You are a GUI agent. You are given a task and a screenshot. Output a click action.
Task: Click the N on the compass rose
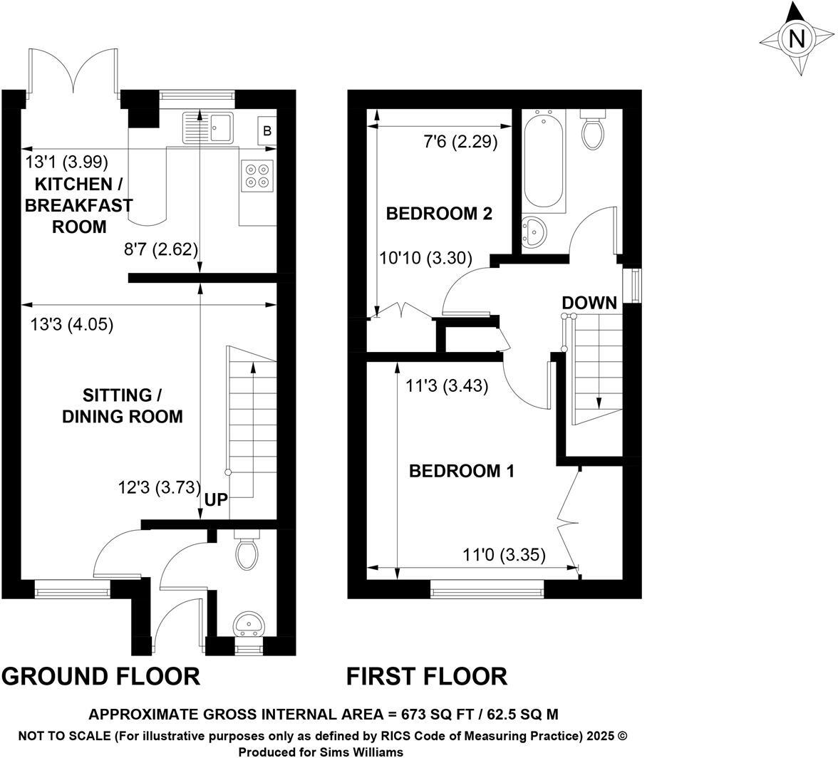tap(797, 39)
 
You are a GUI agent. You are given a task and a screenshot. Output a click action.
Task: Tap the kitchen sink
tap(208, 128)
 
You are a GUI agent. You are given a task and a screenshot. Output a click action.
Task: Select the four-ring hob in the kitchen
tap(257, 176)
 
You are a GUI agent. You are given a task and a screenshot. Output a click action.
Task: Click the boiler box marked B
tap(267, 130)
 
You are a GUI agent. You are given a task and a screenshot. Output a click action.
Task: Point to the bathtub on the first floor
tap(543, 161)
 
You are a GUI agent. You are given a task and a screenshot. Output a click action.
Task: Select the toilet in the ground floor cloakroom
tap(247, 550)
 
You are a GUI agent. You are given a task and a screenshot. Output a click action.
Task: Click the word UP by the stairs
tap(217, 499)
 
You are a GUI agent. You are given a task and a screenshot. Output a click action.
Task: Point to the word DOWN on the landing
tap(589, 303)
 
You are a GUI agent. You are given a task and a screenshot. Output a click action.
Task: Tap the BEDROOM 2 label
tap(439, 214)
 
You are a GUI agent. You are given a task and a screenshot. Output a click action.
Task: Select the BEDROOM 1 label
tap(462, 471)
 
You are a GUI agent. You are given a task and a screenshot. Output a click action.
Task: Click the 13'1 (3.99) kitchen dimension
tap(67, 161)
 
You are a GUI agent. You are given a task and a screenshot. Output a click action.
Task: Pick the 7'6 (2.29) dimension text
tap(460, 142)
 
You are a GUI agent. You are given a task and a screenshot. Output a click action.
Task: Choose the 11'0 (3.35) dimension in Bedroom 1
tap(504, 556)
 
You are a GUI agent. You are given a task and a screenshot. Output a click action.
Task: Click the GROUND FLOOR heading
tap(101, 676)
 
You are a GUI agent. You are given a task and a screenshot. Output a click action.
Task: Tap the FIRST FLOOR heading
tap(427, 676)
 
